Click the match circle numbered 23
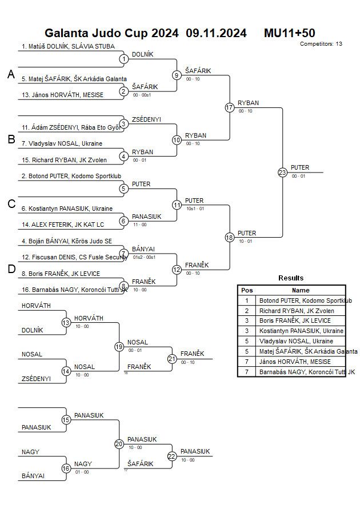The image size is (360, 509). [282, 172]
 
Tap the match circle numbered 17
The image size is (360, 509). [230, 107]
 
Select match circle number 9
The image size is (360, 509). [177, 75]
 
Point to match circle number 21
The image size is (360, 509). [172, 359]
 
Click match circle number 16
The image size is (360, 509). [66, 468]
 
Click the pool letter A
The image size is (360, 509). [11, 74]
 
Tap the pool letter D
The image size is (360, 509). [11, 269]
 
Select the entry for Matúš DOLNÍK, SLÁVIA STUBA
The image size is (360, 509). [68, 46]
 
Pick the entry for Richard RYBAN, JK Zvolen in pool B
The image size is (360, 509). [68, 160]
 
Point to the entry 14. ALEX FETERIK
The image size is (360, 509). [63, 225]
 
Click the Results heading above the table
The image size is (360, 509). [291, 278]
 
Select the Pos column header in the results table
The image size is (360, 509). [247, 290]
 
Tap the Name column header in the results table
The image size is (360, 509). [301, 290]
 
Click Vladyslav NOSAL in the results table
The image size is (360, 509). [296, 341]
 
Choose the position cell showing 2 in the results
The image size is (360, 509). [247, 311]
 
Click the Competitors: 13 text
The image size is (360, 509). [321, 44]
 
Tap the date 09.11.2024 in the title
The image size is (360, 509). [216, 33]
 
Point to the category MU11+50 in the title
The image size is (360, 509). [289, 33]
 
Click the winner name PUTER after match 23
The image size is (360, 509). [300, 167]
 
